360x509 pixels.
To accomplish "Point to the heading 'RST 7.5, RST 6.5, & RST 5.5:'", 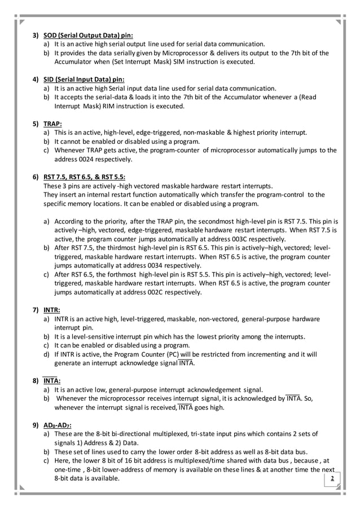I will point(85,176).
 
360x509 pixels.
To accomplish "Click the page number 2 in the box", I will point(332,479).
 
